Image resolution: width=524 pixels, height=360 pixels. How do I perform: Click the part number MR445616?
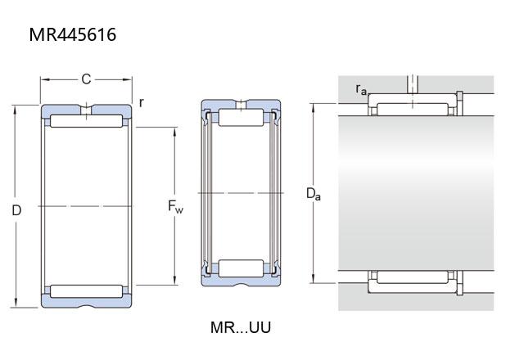point(73,34)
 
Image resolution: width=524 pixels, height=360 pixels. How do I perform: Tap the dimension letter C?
point(86,79)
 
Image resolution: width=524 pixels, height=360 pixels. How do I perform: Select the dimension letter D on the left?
point(16,210)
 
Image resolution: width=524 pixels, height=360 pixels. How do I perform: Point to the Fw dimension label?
point(175,206)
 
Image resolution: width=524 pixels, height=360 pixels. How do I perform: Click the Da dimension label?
point(313,194)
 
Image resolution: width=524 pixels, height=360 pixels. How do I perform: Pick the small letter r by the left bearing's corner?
point(142,102)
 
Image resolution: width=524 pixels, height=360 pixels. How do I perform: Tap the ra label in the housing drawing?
point(361,89)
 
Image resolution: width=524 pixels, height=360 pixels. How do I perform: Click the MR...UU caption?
point(241,327)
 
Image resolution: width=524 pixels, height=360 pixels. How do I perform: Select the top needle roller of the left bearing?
point(86,121)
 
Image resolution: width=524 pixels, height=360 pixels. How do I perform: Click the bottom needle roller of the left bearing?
point(86,291)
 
